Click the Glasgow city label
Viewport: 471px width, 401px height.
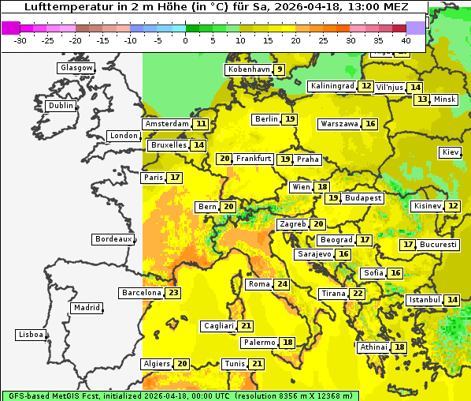pos(76,68)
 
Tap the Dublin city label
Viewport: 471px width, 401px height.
pos(61,106)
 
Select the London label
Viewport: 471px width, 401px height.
pos(124,136)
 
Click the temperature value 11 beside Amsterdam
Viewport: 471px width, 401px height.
pos(201,124)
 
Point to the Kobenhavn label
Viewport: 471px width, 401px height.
pos(248,69)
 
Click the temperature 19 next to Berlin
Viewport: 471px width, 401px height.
pos(290,119)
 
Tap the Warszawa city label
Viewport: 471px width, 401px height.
pos(339,124)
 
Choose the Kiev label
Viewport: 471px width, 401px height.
pos(451,152)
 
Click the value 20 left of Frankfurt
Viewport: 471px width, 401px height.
pos(224,159)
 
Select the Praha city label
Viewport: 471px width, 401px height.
pos(308,159)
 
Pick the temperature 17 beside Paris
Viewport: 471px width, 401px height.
pos(174,178)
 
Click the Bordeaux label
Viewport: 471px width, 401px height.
pos(113,239)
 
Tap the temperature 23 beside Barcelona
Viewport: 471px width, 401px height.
pos(173,293)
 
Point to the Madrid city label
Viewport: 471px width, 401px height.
pos(87,308)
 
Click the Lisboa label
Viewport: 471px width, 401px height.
pos(31,335)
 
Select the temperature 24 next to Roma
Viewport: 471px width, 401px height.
pos(282,284)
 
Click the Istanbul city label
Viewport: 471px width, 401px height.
pos(424,301)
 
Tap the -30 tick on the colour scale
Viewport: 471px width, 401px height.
pos(20,39)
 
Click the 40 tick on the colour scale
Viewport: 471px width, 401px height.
pos(406,39)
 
